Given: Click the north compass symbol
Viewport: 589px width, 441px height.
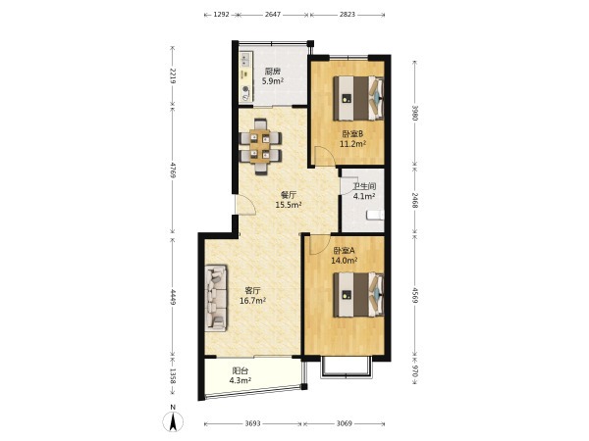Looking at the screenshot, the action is pos(173,420).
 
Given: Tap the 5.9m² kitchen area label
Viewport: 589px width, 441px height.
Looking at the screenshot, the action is pos(273,81).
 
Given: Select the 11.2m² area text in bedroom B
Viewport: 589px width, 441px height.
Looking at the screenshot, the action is pos(352,144).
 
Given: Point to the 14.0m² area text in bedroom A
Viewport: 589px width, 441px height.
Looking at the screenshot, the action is pos(345,261).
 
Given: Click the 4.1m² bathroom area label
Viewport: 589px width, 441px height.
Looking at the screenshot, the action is pos(364,196).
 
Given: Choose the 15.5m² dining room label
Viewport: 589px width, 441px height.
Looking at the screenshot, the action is pos(289,205).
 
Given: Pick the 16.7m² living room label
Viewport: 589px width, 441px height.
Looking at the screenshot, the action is pos(253,301).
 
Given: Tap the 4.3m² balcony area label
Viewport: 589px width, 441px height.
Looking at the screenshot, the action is pos(241,380).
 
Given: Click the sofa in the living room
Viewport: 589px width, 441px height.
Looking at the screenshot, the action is pos(216,298).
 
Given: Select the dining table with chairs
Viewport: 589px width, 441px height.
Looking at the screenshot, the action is pos(261,147).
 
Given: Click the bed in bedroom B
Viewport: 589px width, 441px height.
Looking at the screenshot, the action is pos(358,98).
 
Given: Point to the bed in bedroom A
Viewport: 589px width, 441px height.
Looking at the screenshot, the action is pos(358,295).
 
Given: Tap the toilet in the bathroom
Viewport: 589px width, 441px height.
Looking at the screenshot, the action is pos(375,215).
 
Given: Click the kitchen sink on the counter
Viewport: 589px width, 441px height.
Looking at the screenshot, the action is pos(245,60).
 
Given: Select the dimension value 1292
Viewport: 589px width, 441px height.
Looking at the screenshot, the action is pos(221,15).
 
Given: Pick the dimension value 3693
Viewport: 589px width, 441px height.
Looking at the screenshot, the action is pos(253,423).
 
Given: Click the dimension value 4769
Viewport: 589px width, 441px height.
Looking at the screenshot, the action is pos(173,170).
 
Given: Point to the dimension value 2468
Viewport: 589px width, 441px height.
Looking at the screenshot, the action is pos(414,201).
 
